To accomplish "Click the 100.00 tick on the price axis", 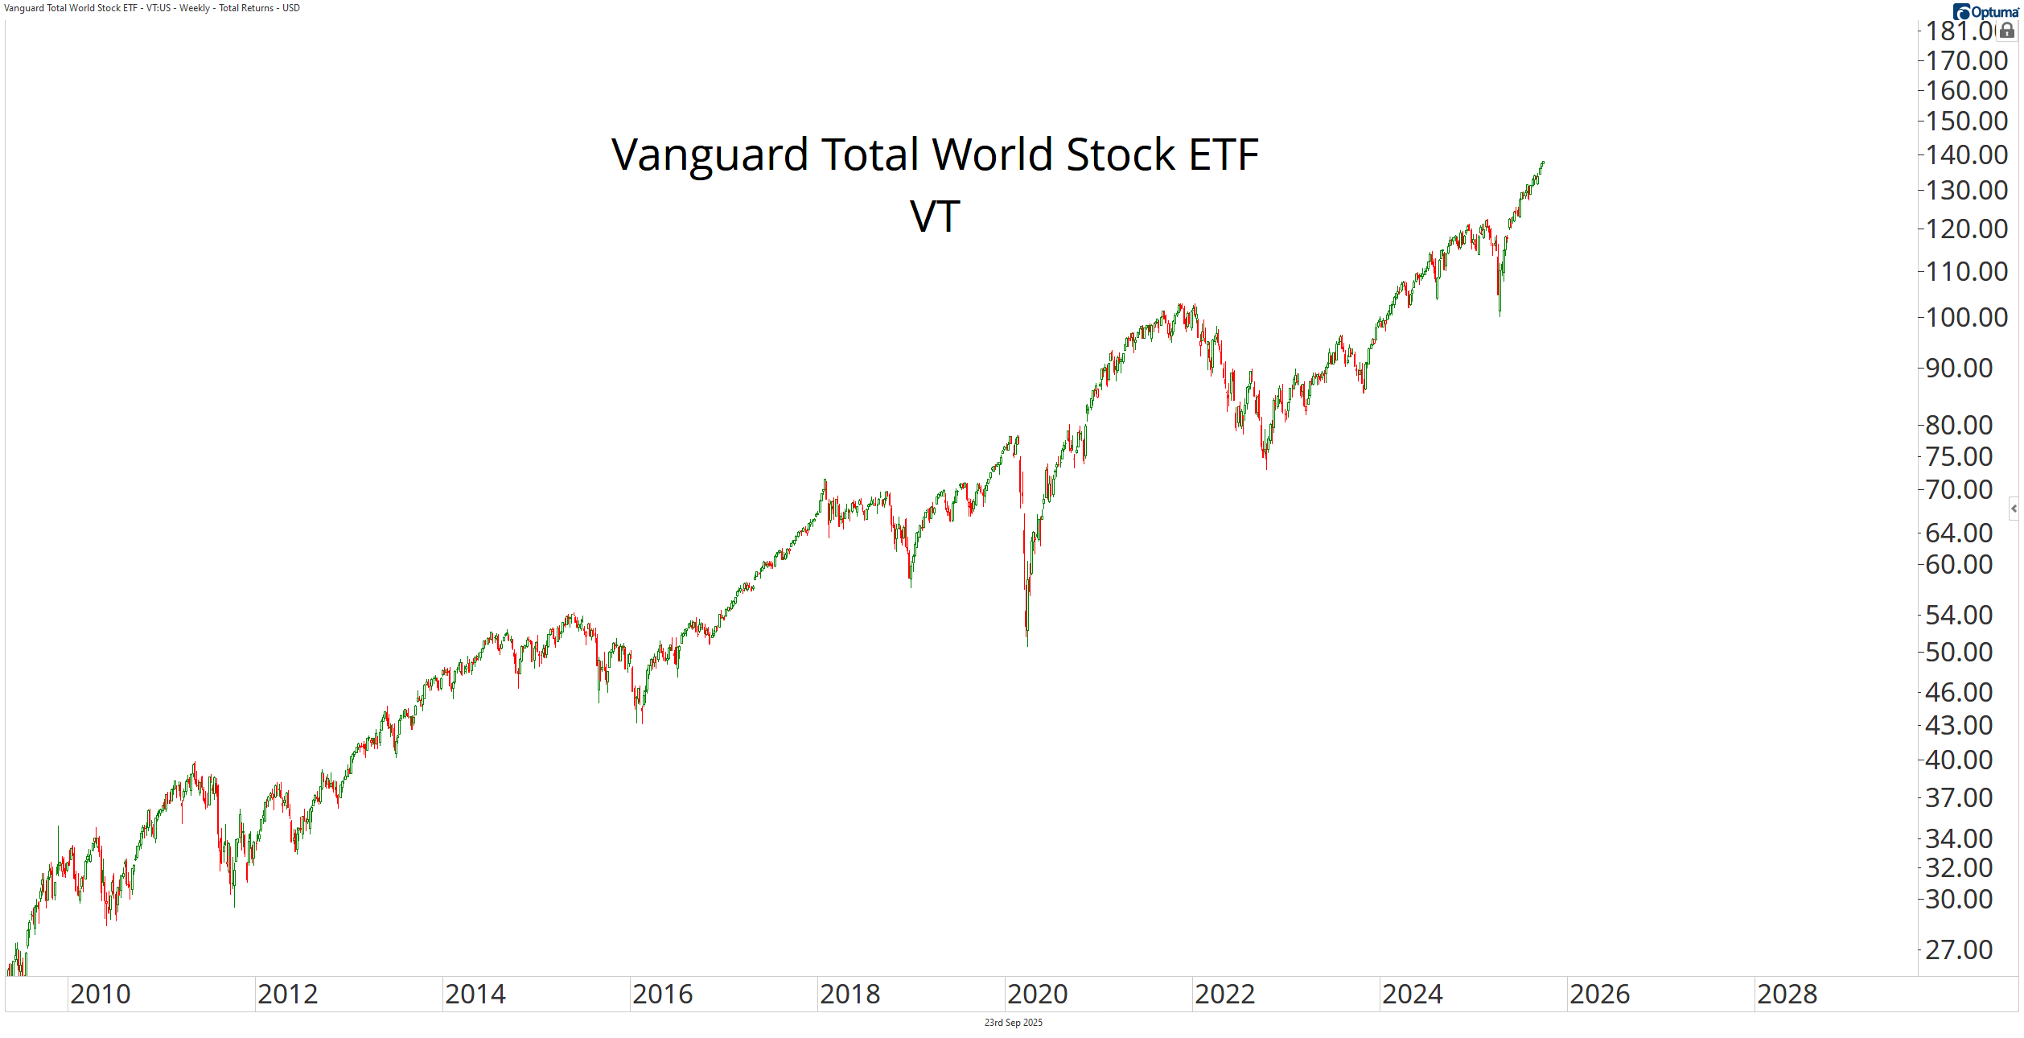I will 1966,318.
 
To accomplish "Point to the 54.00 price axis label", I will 1958,616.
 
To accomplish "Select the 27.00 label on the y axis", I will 1958,950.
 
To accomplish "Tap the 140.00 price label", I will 1966,155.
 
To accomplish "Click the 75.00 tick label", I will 1958,457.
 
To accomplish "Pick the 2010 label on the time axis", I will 100,995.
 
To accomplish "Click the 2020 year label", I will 1037,995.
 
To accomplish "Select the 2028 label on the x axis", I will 1787,995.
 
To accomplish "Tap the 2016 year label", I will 662,995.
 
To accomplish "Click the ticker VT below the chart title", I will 935,217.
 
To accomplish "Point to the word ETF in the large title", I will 1224,154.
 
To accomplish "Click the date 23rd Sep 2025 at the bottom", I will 1013,1023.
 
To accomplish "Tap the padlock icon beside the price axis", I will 2007,31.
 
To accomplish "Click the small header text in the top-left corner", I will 152,8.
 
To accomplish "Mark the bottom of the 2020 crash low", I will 1027,644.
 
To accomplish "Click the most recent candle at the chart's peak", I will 1543,163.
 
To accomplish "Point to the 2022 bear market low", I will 1266,467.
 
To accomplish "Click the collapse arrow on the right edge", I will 2014,509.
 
